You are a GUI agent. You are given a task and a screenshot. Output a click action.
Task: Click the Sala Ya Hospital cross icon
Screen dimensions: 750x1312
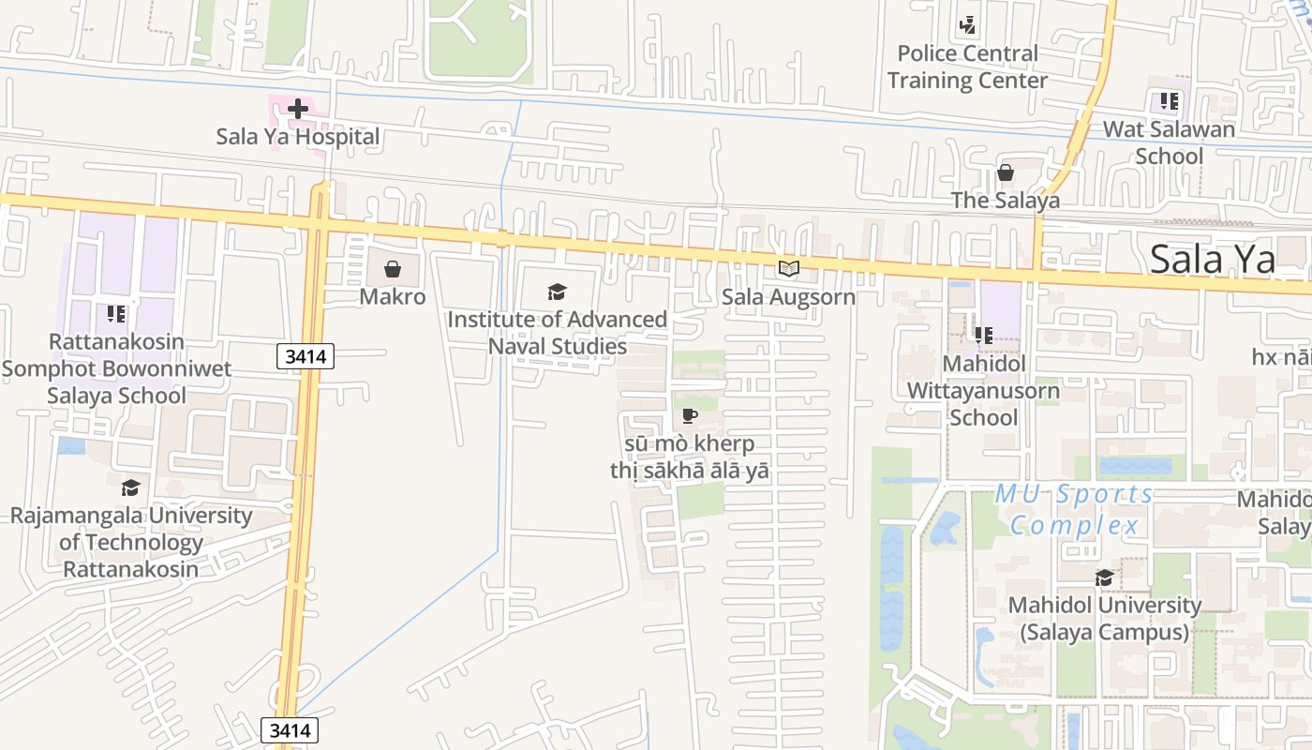(x=297, y=109)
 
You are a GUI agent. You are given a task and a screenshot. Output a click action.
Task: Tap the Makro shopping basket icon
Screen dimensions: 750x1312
(x=393, y=270)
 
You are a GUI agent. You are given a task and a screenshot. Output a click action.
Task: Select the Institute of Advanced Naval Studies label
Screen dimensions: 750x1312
(x=558, y=333)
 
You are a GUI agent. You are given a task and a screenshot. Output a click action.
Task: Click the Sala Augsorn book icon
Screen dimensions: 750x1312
(x=789, y=270)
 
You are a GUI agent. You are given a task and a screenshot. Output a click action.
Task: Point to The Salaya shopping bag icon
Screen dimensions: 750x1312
(x=1006, y=173)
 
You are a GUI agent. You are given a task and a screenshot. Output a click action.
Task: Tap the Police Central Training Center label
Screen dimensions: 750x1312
(x=967, y=67)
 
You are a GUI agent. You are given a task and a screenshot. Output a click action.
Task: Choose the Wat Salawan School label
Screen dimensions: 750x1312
(x=1169, y=142)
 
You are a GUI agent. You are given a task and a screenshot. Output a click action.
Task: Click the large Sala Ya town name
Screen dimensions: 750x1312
(x=1213, y=260)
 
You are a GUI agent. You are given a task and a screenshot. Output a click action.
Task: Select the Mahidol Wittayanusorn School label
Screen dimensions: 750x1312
(x=983, y=390)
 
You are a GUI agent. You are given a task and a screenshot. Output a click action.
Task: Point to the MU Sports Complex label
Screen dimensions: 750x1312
(x=1074, y=509)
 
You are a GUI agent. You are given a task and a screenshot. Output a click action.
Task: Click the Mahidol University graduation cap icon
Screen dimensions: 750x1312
(x=1105, y=577)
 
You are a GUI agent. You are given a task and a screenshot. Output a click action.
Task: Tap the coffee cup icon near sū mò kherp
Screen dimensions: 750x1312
(x=690, y=415)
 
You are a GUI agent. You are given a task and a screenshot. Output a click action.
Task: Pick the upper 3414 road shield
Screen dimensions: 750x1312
(x=306, y=356)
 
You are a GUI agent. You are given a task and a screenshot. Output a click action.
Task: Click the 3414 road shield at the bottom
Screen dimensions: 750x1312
(x=290, y=730)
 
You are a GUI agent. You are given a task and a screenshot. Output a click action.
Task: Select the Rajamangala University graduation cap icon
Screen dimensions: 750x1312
(x=130, y=488)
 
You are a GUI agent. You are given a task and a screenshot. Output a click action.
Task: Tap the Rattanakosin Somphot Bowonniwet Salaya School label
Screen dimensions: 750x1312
(x=116, y=368)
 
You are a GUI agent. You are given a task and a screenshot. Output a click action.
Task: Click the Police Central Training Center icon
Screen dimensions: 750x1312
(x=967, y=25)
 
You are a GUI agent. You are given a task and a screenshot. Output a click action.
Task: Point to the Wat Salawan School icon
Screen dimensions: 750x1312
(x=1169, y=100)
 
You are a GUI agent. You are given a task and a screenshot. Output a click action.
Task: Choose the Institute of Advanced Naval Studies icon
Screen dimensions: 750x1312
(x=558, y=292)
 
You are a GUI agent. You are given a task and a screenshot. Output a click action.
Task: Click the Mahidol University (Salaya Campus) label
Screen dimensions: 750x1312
(x=1104, y=619)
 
